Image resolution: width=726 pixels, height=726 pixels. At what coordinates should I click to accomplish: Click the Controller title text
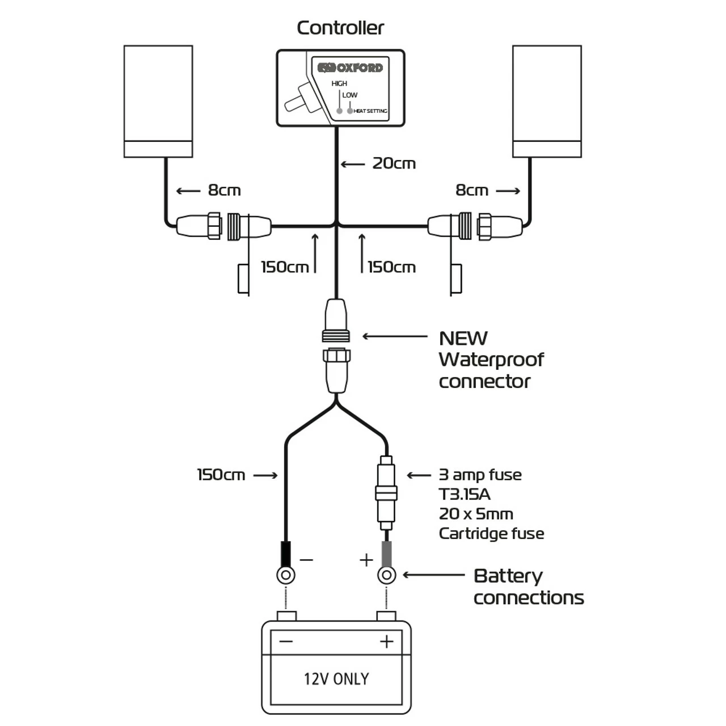[x=340, y=28]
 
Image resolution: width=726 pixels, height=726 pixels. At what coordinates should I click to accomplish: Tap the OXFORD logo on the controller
[x=350, y=68]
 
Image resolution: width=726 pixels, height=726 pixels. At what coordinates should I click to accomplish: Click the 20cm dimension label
[x=394, y=164]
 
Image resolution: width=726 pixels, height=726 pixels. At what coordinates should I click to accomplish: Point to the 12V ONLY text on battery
[x=336, y=679]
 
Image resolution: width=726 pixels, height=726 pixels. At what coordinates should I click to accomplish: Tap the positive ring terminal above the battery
[x=386, y=576]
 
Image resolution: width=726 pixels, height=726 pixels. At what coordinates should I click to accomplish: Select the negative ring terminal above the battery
[x=285, y=576]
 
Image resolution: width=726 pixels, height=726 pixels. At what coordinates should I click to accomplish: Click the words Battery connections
[x=528, y=586]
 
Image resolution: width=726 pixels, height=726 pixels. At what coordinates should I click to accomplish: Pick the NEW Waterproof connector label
[x=491, y=360]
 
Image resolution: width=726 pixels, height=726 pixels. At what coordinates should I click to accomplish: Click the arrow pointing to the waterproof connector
[x=394, y=336]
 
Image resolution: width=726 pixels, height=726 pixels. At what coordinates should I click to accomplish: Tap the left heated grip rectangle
[x=158, y=101]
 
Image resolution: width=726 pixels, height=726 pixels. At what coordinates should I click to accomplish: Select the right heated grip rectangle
[x=547, y=101]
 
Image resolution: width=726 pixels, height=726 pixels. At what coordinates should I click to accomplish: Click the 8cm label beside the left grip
[x=224, y=191]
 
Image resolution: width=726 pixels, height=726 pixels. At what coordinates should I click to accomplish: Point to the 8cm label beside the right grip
[x=472, y=191]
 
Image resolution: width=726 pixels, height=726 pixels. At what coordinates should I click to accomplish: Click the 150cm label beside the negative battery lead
[x=221, y=475]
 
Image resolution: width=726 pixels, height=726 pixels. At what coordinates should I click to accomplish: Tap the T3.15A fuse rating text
[x=465, y=495]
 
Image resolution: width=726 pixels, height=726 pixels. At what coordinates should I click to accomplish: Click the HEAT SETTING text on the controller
[x=370, y=111]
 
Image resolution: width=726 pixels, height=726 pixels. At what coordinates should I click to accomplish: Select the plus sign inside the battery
[x=387, y=641]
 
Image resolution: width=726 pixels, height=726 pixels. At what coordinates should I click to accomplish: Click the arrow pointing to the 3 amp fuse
[x=419, y=475]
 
